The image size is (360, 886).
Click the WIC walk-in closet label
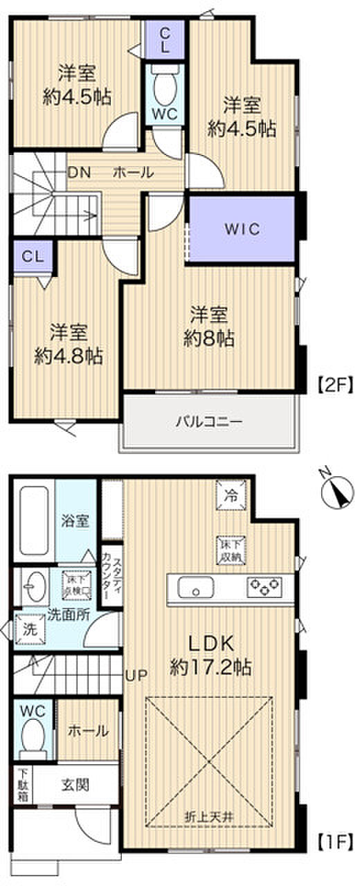pyautogui.click(x=242, y=230)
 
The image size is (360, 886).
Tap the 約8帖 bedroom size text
pyautogui.click(x=209, y=338)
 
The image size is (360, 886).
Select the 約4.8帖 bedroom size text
pyautogui.click(x=69, y=356)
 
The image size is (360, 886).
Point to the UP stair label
pyautogui.click(x=135, y=675)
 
